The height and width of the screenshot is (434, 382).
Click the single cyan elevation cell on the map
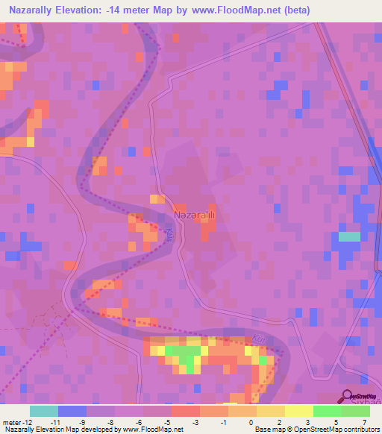tap(348, 236)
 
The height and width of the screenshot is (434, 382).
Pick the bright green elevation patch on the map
tap(181, 354)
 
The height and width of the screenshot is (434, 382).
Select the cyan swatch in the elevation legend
tap(43, 411)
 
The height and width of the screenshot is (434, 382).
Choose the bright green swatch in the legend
tap(327, 411)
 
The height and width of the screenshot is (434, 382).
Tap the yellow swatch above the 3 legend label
tap(298, 411)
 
